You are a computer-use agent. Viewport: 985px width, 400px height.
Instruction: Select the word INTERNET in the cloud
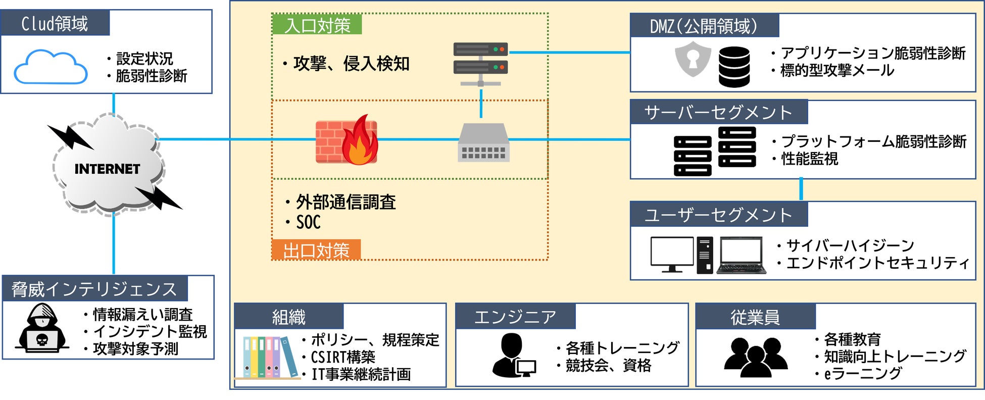107,169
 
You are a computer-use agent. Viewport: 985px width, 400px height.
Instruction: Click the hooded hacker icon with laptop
42,328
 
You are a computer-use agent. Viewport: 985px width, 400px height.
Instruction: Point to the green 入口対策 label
317,25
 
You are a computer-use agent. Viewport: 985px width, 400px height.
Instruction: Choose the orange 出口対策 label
316,250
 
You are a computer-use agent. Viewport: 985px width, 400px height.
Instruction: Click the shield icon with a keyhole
693,59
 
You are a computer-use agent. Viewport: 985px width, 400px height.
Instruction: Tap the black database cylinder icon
734,67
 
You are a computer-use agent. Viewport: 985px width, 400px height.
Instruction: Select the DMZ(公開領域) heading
704,26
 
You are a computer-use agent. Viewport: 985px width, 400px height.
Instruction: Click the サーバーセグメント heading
718,113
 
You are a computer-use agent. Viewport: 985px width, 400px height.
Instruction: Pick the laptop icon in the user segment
741,256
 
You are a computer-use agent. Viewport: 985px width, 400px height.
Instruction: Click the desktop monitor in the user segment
672,254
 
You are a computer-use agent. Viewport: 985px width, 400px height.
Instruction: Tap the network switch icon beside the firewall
483,143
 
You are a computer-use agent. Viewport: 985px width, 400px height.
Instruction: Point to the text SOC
308,222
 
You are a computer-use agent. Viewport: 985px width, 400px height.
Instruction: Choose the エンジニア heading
515,317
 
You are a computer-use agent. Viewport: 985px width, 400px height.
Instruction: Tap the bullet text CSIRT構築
343,358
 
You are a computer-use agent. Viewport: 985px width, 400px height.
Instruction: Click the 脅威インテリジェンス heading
94,289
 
